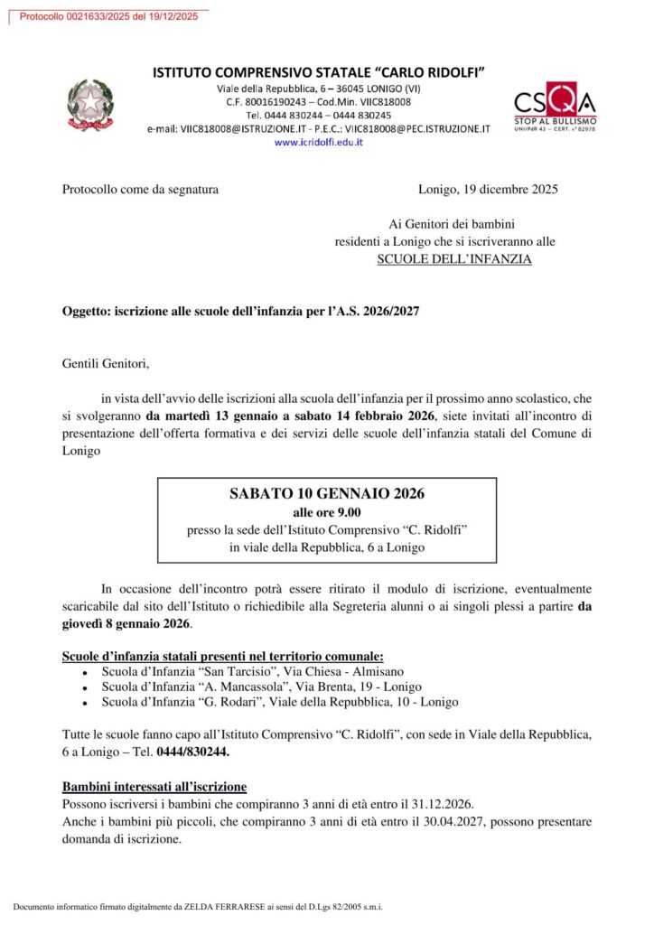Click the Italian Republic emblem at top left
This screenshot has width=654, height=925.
tap(90, 105)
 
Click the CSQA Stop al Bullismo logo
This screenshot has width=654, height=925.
tap(555, 107)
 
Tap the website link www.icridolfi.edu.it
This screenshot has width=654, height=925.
tap(318, 143)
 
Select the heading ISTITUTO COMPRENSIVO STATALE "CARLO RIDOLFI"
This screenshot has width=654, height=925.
tap(319, 71)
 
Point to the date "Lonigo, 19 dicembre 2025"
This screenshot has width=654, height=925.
tap(488, 190)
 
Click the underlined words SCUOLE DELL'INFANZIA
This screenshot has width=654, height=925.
tap(454, 259)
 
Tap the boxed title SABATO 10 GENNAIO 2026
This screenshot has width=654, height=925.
tap(327, 493)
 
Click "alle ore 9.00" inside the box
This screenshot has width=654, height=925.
tap(327, 512)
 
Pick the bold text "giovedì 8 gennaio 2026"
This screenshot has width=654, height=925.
tap(126, 624)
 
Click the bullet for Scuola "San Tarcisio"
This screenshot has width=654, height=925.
tap(84, 674)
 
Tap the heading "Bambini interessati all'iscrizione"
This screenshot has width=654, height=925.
tap(154, 787)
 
